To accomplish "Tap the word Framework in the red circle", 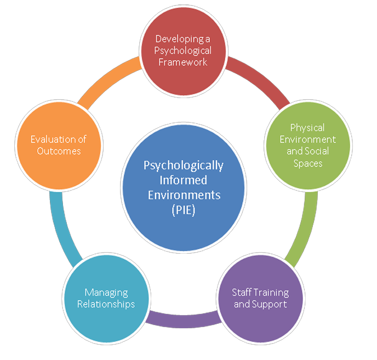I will click(182, 62).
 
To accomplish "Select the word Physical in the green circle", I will click(307, 128).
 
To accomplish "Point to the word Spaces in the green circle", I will click(307, 163).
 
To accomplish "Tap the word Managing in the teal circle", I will click(106, 293).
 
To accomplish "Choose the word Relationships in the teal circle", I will click(106, 304).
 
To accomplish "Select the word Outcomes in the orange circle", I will click(59, 151).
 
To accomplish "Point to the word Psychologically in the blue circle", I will click(184, 166).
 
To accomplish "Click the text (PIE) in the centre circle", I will click(183, 209).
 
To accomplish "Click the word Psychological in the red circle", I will click(182, 50).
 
